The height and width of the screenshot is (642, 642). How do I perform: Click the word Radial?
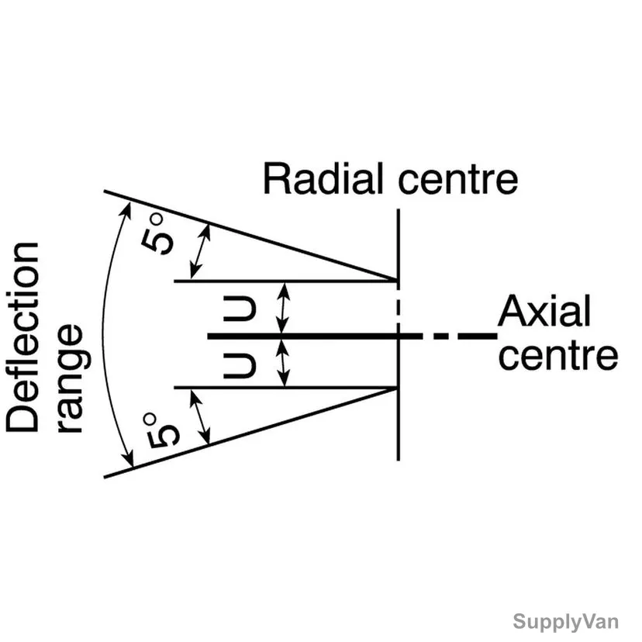tap(323, 178)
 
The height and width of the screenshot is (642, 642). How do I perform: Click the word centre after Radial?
tap(457, 180)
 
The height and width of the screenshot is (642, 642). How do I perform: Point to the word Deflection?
tap(22, 337)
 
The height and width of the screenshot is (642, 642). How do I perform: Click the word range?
tap(74, 378)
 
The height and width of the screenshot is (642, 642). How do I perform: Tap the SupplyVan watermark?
tap(565, 622)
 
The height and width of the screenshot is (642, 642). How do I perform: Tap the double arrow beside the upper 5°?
tap(200, 251)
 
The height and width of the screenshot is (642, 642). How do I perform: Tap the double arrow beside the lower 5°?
tap(200, 417)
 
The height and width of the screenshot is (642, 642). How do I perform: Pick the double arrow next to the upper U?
tap(283, 309)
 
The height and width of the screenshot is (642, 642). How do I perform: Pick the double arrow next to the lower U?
tap(283, 362)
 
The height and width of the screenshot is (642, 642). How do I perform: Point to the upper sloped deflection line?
tap(251, 236)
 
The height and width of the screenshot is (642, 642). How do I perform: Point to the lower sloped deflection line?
tap(251, 433)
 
